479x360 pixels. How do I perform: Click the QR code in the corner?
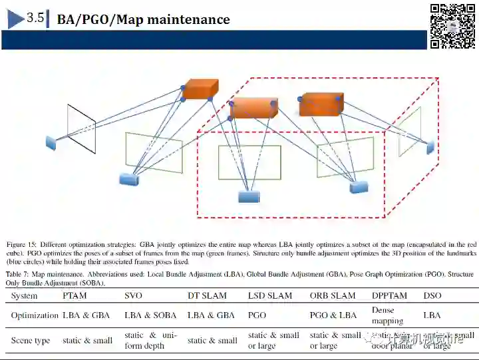[452, 26]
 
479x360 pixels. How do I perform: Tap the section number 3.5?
[35, 19]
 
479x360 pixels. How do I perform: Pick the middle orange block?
[253, 107]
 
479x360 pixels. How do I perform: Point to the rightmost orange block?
[321, 104]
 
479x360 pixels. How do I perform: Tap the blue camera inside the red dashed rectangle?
[249, 196]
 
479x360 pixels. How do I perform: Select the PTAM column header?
[75, 295]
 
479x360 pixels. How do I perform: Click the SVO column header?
[134, 295]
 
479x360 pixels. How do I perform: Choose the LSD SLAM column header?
[270, 295]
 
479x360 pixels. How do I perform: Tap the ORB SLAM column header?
[333, 295]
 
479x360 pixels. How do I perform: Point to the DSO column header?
[432, 295]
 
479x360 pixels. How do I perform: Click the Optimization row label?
[35, 315]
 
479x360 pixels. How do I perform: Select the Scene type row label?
[31, 341]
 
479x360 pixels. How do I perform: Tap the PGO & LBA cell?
[333, 315]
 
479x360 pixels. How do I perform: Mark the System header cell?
[25, 295]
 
